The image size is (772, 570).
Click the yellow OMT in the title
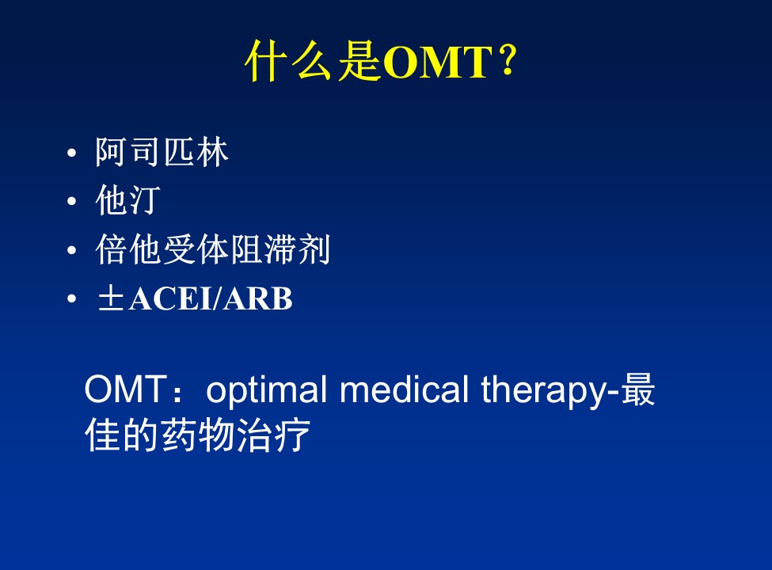(x=437, y=63)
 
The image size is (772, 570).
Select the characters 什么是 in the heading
(x=313, y=61)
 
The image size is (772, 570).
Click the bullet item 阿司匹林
(x=162, y=152)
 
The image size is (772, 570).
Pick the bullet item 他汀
(x=128, y=199)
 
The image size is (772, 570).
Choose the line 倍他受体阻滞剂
(x=212, y=249)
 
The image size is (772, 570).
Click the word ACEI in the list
(x=171, y=298)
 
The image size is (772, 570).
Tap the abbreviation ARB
(x=257, y=298)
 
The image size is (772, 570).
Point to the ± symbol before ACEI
(x=111, y=298)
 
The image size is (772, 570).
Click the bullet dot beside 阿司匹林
(x=72, y=153)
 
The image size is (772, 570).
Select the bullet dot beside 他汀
(x=72, y=201)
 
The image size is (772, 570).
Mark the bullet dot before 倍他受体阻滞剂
(x=72, y=250)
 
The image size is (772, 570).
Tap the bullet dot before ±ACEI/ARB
(x=72, y=298)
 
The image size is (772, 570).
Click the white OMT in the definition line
(x=124, y=389)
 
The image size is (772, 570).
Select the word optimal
(x=266, y=390)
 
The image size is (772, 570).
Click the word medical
(x=404, y=389)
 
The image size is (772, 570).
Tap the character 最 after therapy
(x=638, y=389)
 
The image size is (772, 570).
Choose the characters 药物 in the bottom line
(x=197, y=435)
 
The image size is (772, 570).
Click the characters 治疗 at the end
(x=272, y=435)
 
